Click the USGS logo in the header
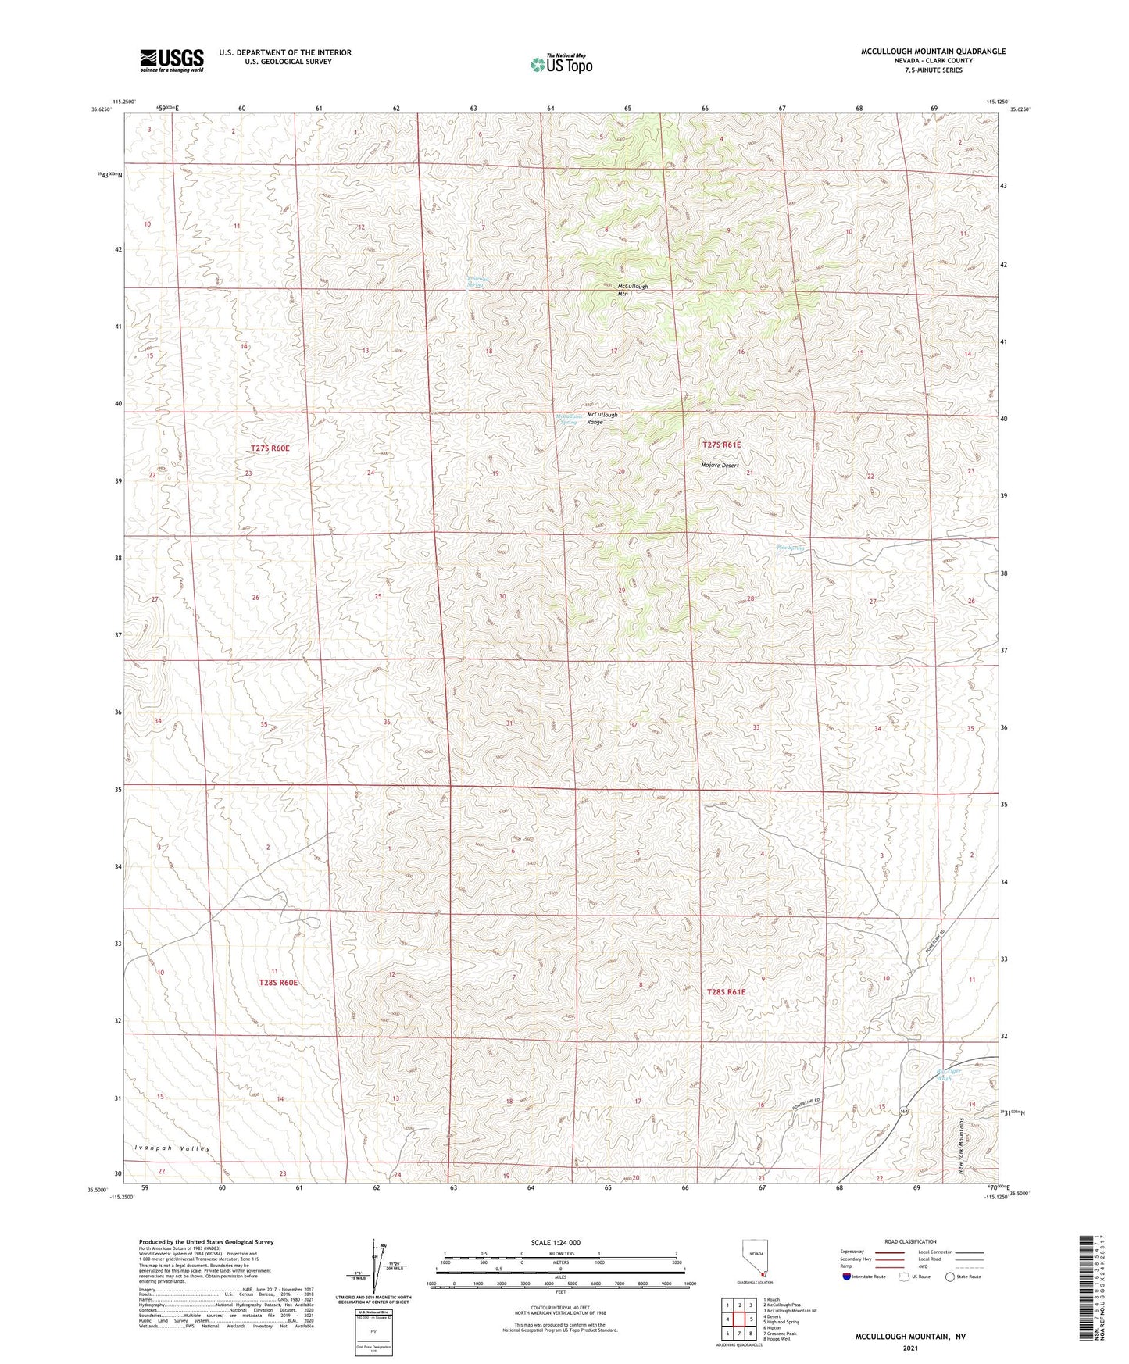point(171,60)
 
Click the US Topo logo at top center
point(560,64)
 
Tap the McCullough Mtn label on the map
point(633,290)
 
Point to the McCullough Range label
point(602,418)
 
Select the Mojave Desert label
point(719,466)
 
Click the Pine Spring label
point(791,548)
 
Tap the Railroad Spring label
point(476,282)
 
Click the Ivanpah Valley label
point(172,1148)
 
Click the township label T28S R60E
point(278,983)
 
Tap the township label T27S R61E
point(721,445)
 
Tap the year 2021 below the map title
point(909,1348)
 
